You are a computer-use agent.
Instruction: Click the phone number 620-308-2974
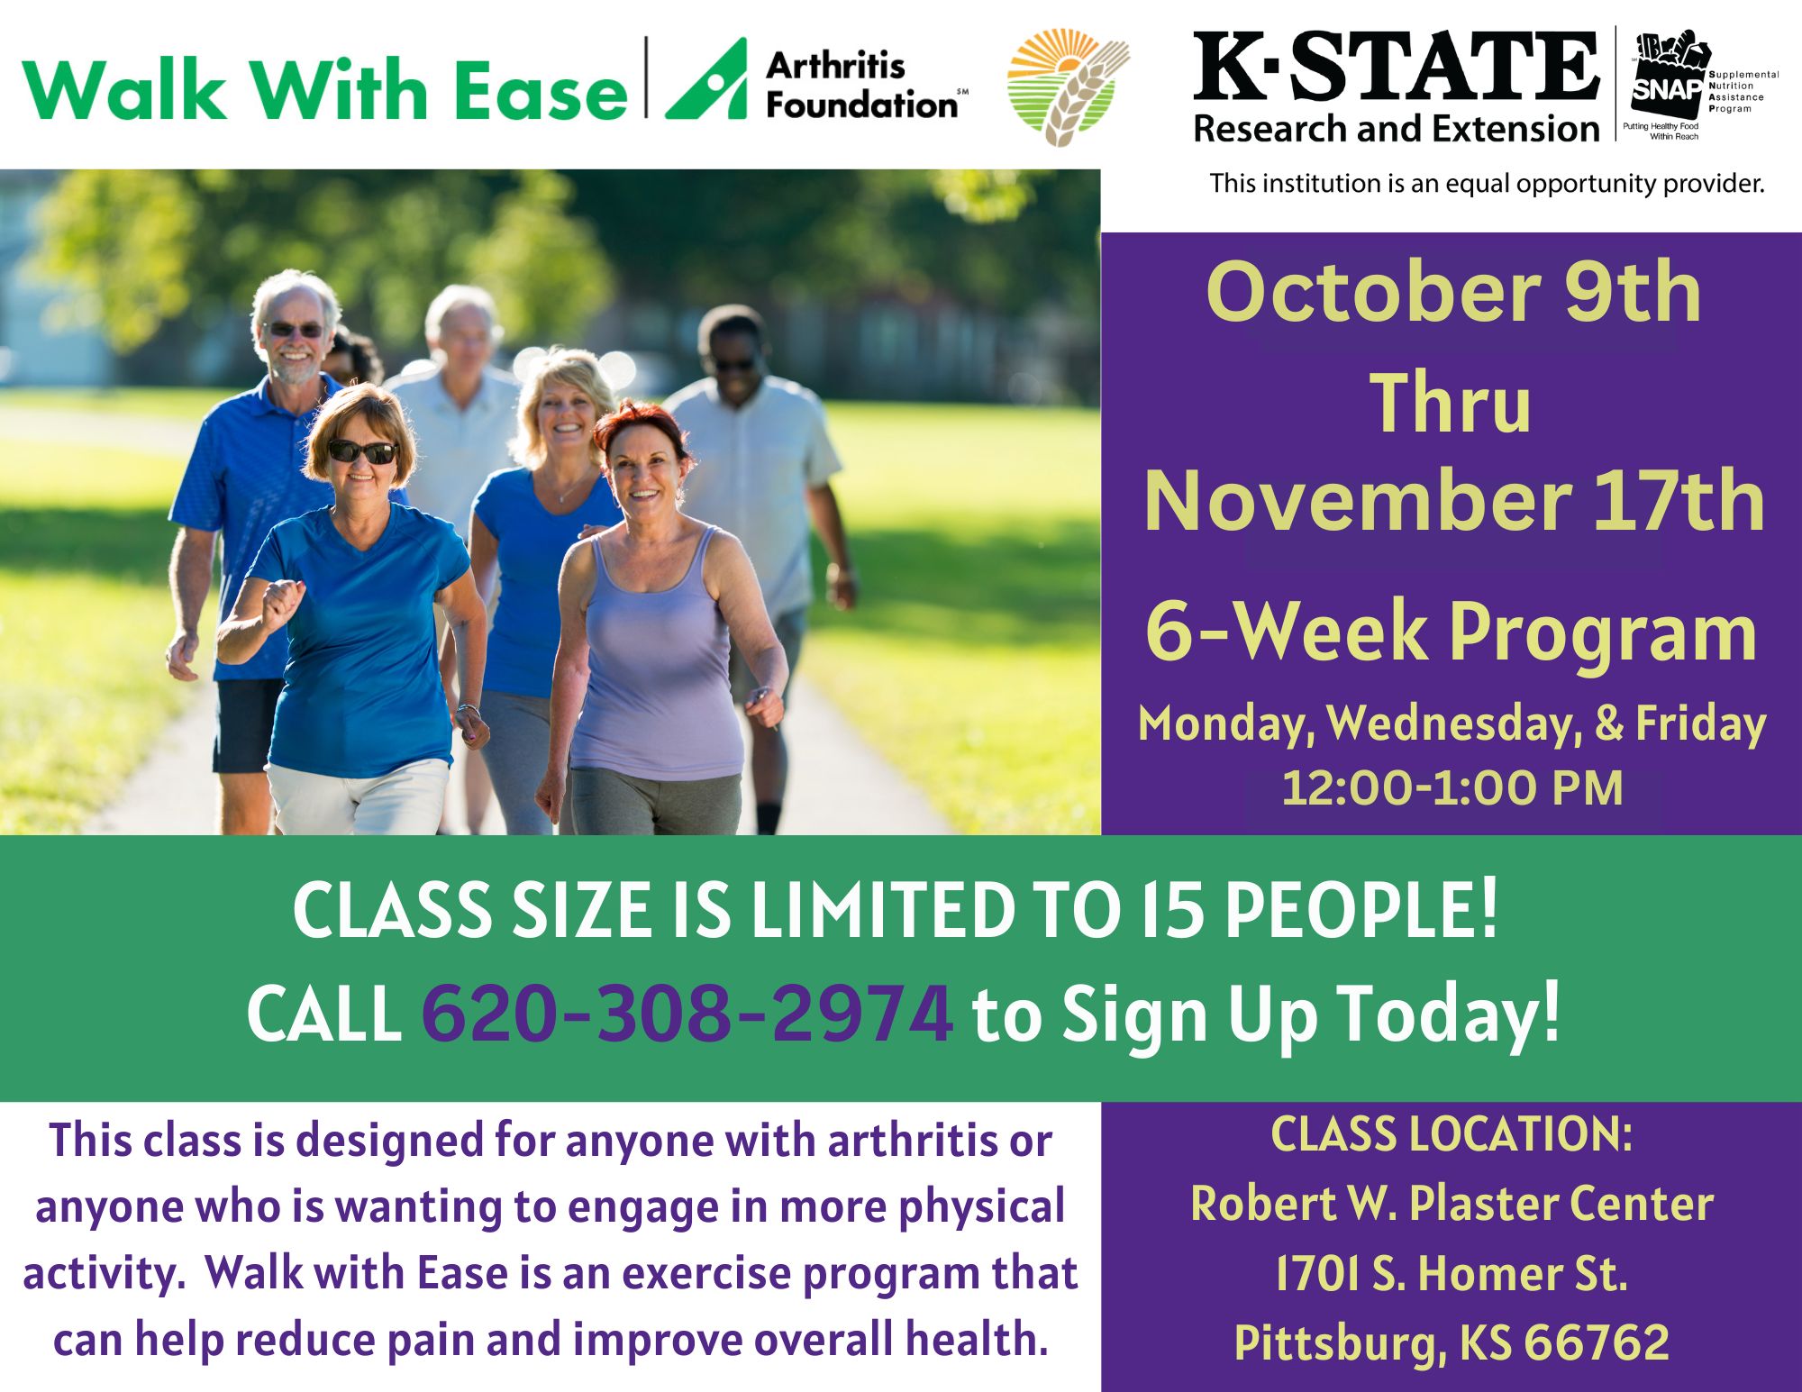click(x=687, y=1014)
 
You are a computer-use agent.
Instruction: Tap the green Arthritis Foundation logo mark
click(x=707, y=79)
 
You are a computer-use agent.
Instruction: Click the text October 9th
click(x=1453, y=292)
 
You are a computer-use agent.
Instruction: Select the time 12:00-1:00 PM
click(x=1452, y=788)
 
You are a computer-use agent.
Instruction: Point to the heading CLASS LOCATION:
click(x=1452, y=1133)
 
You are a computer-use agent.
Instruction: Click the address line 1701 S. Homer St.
click(x=1452, y=1273)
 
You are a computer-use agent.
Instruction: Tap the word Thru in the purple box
click(x=1451, y=404)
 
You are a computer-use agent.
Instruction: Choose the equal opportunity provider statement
click(x=1487, y=184)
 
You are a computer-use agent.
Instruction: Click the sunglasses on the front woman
click(x=362, y=451)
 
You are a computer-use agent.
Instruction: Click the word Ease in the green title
click(x=540, y=92)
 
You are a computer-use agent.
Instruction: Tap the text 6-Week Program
click(x=1451, y=632)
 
